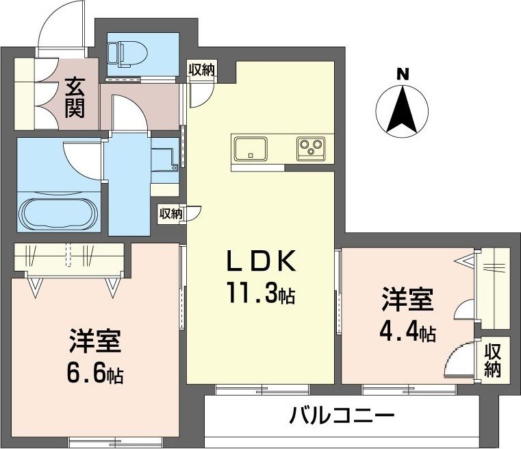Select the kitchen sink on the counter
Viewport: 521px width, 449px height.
251,147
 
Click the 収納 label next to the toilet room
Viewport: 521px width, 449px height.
202,69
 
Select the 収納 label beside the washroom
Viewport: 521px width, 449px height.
172,213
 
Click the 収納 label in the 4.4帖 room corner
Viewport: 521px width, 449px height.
493,360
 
